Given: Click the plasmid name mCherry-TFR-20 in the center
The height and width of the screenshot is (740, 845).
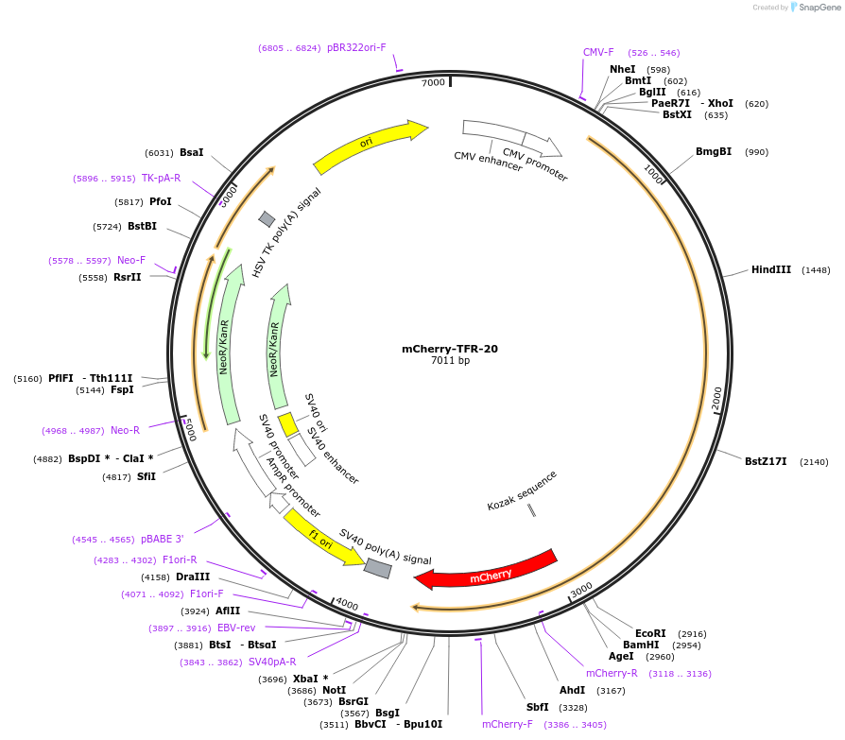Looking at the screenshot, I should pyautogui.click(x=450, y=349).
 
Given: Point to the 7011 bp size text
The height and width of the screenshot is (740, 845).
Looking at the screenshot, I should pyautogui.click(x=450, y=361).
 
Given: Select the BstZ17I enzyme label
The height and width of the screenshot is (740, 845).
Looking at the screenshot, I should pyautogui.click(x=766, y=462).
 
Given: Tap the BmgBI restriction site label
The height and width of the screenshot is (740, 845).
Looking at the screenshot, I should pyautogui.click(x=714, y=152).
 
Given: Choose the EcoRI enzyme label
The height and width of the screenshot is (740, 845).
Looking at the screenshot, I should pyautogui.click(x=650, y=634).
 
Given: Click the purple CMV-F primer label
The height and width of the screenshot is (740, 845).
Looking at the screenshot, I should pyautogui.click(x=598, y=53).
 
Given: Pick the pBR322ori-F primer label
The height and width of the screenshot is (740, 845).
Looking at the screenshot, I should pyautogui.click(x=356, y=48).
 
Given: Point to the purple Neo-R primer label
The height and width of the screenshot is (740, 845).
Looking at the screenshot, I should pyautogui.click(x=125, y=431).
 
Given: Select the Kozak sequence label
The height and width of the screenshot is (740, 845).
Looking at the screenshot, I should pyautogui.click(x=523, y=490).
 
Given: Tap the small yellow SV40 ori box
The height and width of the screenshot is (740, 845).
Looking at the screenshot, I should pyautogui.click(x=288, y=423).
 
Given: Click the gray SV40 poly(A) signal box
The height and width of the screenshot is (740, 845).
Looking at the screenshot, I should pyautogui.click(x=377, y=568).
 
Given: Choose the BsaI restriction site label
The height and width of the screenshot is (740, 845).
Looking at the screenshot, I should pyautogui.click(x=192, y=153).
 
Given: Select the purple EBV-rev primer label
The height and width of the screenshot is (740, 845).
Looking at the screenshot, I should pyautogui.click(x=236, y=628).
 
